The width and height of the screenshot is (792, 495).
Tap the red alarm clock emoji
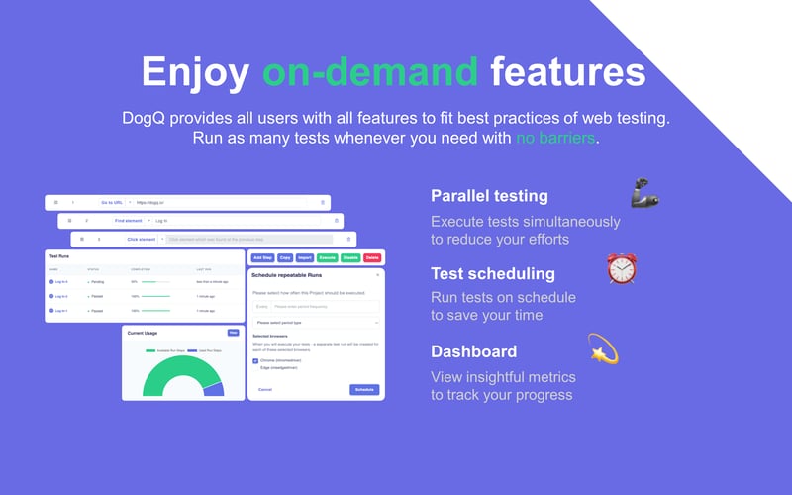(622, 269)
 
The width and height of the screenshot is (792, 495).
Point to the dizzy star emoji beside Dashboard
(603, 347)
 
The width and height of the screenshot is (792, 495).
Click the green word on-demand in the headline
(370, 71)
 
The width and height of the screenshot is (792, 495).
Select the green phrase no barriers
(556, 138)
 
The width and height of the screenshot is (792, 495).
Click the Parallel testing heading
(489, 195)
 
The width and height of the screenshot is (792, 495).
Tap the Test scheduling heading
(493, 273)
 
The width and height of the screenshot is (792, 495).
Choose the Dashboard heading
(473, 351)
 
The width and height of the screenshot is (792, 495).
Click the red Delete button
(372, 257)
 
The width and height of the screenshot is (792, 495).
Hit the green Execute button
(328, 257)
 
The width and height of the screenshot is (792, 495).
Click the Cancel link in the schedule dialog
(265, 389)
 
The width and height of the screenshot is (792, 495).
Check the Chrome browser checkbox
(255, 361)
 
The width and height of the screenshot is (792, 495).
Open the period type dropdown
(316, 322)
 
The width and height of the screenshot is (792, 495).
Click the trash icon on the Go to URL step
(322, 202)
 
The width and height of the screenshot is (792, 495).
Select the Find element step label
(128, 220)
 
